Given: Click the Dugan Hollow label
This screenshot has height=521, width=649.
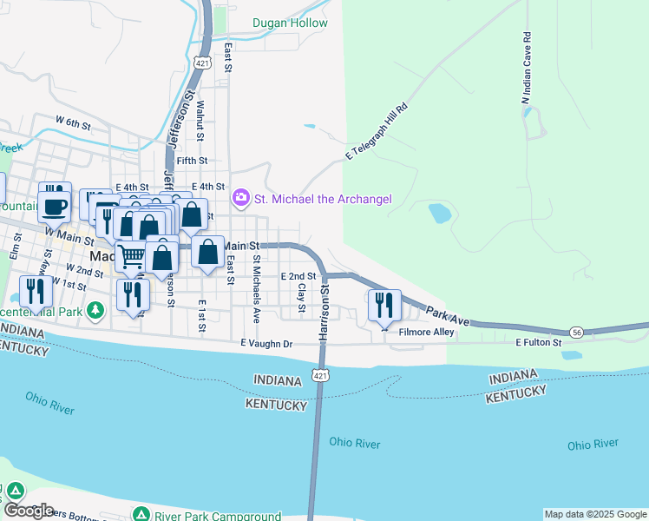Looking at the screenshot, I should [x=290, y=23].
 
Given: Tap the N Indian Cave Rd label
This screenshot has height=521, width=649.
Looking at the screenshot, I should [x=526, y=69].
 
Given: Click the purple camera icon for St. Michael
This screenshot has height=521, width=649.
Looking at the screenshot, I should [x=241, y=199].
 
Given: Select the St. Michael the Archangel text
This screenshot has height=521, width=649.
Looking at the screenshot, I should [x=323, y=200].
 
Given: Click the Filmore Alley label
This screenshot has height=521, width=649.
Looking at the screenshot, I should [x=426, y=332].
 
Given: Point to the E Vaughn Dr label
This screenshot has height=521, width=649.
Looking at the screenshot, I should [x=267, y=344].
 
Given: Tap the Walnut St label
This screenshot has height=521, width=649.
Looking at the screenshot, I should [x=200, y=120].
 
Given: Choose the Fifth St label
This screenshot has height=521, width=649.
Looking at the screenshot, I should [x=192, y=161].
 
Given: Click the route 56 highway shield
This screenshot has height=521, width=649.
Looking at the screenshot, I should [x=576, y=333].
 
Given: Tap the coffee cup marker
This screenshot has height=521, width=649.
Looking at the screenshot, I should [x=56, y=207].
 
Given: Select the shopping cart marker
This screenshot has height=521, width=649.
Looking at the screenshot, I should [x=131, y=256].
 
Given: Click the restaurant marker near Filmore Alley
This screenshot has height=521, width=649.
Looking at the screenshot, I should [x=383, y=305].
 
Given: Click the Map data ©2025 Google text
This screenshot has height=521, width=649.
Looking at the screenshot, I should [x=596, y=514].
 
